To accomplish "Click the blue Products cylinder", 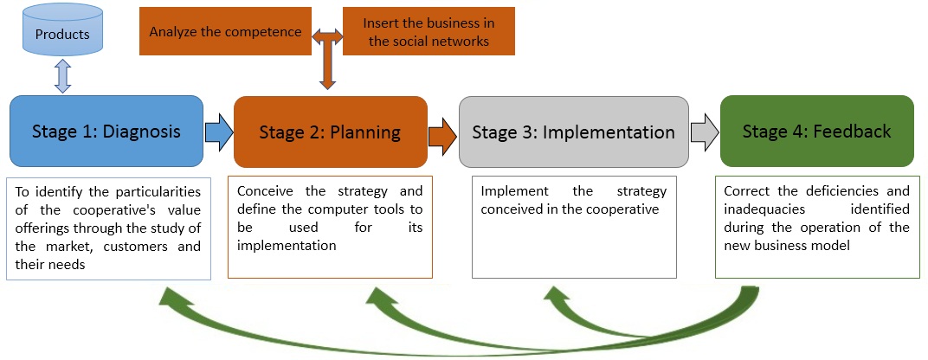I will coord(61,34).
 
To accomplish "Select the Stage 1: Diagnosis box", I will coord(106,132).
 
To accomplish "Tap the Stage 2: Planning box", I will coord(330,132).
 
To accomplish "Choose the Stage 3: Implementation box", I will coord(573,132).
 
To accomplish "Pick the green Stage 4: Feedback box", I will coord(816,132).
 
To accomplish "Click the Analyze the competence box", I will coord(225,32).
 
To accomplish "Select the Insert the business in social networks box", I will coord(429,32).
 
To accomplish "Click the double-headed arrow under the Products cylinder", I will coord(61,76).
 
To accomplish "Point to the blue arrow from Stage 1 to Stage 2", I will coord(218,132).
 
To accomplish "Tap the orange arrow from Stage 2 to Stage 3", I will coord(442,133).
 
